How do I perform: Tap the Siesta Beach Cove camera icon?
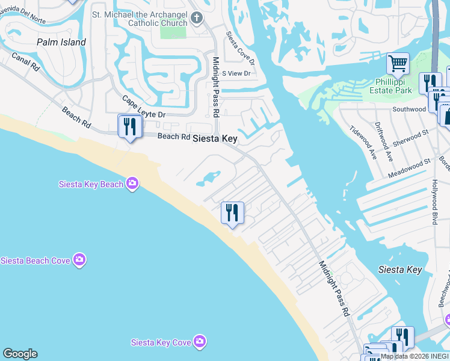[x=79, y=260]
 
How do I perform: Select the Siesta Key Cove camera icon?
[x=200, y=342]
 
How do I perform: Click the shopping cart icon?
[x=398, y=63]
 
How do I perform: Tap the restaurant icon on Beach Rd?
[x=130, y=126]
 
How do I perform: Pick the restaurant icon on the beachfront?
[x=232, y=212]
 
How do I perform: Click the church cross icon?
[x=196, y=17]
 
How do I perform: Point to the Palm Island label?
[x=61, y=42]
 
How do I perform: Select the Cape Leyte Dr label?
[x=143, y=107]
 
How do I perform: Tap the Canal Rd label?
[x=25, y=62]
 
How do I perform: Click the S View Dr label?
[x=235, y=73]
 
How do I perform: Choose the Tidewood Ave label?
[x=363, y=141]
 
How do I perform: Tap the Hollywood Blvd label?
[x=434, y=201]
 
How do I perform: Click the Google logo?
[x=20, y=354]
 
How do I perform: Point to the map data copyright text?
[x=415, y=356]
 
